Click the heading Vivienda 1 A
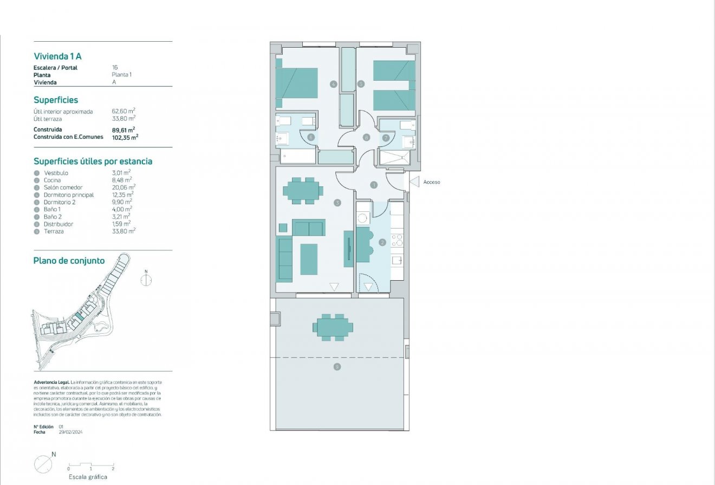(57, 56)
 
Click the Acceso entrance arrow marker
(414, 182)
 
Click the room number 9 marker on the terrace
(337, 367)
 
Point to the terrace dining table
(333, 327)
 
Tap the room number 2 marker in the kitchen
(382, 242)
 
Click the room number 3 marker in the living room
(337, 203)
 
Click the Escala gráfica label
(88, 477)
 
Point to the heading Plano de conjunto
(69, 261)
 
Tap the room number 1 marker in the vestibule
(374, 185)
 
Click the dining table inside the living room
(303, 191)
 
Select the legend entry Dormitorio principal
(69, 195)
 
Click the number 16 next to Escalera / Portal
(115, 68)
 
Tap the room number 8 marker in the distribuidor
(367, 138)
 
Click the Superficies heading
(56, 100)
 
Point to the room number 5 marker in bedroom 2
(361, 83)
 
